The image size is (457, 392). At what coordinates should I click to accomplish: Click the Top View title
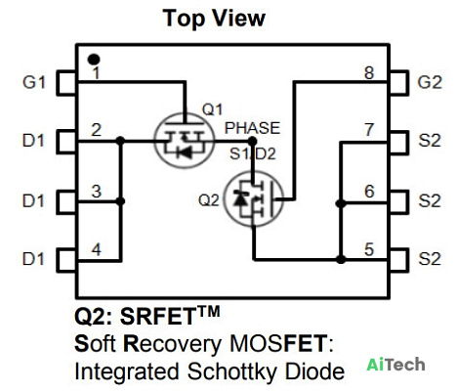coord(214,19)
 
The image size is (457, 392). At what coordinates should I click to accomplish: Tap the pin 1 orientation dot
coord(94,60)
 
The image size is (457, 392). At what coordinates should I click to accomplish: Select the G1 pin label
coord(33,82)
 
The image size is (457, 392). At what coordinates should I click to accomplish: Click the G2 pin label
coord(430,82)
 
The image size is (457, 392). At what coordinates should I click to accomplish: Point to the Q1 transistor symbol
coord(185,141)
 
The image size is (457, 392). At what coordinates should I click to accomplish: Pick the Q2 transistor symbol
coord(254,198)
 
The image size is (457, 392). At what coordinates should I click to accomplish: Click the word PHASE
coord(252,128)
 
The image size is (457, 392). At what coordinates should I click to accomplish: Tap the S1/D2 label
coord(253,153)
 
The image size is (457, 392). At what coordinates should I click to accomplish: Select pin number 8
coord(369,73)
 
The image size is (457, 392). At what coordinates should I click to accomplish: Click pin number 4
coord(96,249)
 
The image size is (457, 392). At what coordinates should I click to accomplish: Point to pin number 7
coord(369,130)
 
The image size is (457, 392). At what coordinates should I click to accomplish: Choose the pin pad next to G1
coord(66,83)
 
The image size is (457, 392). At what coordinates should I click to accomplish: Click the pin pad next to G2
coord(398,83)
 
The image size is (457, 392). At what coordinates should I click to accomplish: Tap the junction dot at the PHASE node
coord(252,141)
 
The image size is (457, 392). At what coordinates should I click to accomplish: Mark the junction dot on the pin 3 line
coord(120,201)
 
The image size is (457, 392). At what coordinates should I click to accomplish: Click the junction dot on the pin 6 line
coord(341,203)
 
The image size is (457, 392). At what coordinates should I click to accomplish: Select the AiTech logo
coord(395,365)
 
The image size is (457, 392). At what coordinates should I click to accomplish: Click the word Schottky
coord(233,371)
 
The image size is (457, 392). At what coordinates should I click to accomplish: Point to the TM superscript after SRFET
coord(209,312)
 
